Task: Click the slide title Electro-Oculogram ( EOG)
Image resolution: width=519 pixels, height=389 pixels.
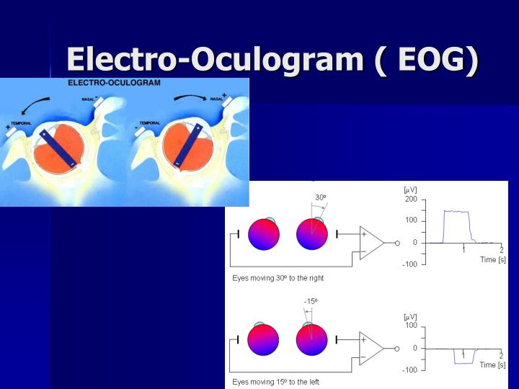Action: pyautogui.click(x=272, y=60)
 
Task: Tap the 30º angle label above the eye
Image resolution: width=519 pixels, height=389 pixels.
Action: pyautogui.click(x=321, y=197)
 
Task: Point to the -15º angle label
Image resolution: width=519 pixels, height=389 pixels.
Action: pyautogui.click(x=311, y=301)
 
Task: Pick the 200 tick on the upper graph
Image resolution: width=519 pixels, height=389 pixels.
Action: pyautogui.click(x=410, y=198)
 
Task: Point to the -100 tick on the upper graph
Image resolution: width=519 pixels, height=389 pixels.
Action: pyautogui.click(x=409, y=264)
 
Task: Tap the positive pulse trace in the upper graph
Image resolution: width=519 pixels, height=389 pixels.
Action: pyautogui.click(x=456, y=212)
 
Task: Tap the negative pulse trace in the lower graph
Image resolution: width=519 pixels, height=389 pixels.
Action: pyautogui.click(x=463, y=362)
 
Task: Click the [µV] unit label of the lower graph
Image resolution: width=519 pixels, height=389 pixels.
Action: pyautogui.click(x=410, y=317)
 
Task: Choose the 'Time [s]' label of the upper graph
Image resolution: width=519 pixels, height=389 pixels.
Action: pyautogui.click(x=492, y=259)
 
